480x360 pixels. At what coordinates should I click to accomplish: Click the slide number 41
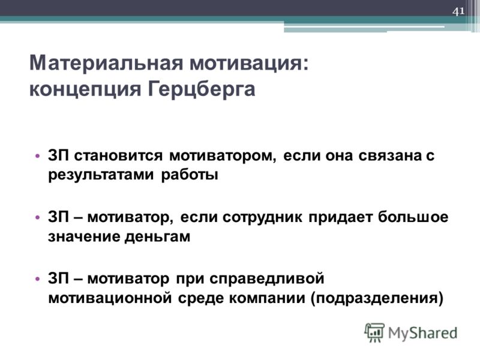[458, 11]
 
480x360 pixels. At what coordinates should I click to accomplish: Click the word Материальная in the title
[106, 63]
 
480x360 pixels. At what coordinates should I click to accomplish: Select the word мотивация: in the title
[249, 63]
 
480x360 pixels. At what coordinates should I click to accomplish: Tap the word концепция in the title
[85, 89]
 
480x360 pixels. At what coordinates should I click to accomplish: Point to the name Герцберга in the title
[202, 89]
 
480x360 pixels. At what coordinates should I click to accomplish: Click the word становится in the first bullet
[118, 155]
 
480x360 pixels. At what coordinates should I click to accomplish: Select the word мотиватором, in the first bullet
[223, 155]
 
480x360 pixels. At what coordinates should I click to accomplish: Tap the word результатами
[101, 175]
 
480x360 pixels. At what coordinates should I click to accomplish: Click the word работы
[190, 175]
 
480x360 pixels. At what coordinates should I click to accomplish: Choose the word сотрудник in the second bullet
[262, 217]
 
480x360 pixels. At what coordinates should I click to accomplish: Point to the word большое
[413, 217]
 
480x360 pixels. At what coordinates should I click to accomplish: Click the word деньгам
[157, 236]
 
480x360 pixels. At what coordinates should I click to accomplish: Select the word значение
[83, 236]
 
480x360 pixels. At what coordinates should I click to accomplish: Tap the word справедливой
[266, 279]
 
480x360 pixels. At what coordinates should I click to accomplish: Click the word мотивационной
[110, 298]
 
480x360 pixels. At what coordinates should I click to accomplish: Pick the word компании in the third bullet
[267, 298]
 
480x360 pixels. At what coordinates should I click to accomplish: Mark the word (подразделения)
[377, 298]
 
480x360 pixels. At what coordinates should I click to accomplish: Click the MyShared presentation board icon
[374, 333]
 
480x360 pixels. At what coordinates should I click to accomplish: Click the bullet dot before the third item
[38, 279]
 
